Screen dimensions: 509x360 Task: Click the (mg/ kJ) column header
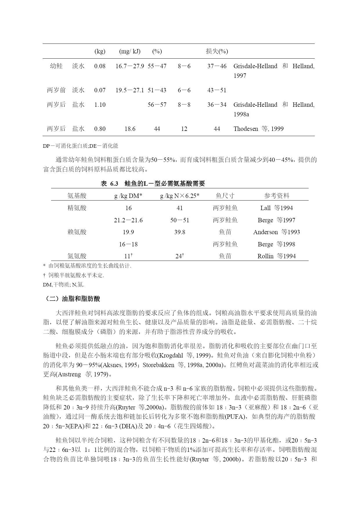point(130,51)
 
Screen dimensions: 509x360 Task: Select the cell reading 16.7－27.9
point(130,66)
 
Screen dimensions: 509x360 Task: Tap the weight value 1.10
point(100,105)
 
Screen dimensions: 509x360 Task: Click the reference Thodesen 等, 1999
point(258,129)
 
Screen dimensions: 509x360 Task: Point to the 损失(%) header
point(217,51)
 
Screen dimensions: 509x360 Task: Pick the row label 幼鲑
point(56,66)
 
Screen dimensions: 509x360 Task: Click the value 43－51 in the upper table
point(217,90)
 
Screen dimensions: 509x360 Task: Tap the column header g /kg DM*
point(128,196)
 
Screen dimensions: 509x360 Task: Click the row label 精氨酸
point(77,208)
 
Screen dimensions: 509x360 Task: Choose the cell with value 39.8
point(180,232)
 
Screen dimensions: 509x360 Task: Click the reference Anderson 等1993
point(276,232)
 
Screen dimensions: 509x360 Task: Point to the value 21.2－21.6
point(128,220)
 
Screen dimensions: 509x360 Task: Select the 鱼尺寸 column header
point(225,196)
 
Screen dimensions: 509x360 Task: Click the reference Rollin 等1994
point(276,256)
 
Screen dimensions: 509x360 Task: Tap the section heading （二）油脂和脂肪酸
point(73,299)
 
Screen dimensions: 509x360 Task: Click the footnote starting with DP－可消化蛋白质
point(80,146)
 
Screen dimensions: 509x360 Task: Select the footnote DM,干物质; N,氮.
point(64,285)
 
